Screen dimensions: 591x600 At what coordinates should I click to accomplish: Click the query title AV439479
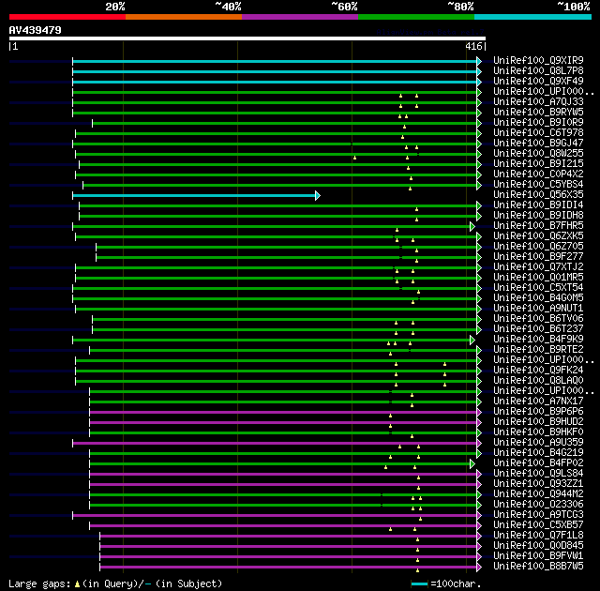coord(36,30)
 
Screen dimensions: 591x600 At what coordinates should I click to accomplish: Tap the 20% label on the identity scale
coord(115,6)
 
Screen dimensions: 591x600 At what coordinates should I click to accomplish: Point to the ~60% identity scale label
coord(344,6)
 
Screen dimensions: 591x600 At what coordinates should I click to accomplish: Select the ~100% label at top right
coord(573,6)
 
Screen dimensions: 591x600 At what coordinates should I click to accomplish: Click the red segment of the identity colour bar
coord(67,16)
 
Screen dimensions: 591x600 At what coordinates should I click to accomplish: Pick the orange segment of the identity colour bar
coord(183,16)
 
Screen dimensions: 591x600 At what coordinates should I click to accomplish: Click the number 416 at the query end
coord(473,46)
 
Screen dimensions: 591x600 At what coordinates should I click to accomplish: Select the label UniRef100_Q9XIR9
coord(538,60)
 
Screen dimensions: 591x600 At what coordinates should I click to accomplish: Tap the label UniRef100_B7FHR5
coord(538,226)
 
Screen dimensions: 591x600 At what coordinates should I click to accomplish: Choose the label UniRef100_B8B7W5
coord(538,567)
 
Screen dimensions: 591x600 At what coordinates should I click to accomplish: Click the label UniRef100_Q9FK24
coord(538,371)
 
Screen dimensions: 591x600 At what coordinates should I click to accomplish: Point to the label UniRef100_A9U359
coord(538,443)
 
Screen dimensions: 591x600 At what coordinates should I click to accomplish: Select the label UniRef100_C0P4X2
coord(538,174)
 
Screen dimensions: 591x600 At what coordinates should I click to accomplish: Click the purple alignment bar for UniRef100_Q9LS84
coord(281,474)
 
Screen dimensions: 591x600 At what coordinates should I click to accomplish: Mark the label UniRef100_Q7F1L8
coord(538,536)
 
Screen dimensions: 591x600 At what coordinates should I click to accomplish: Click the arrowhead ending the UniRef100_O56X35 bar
coord(318,195)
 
